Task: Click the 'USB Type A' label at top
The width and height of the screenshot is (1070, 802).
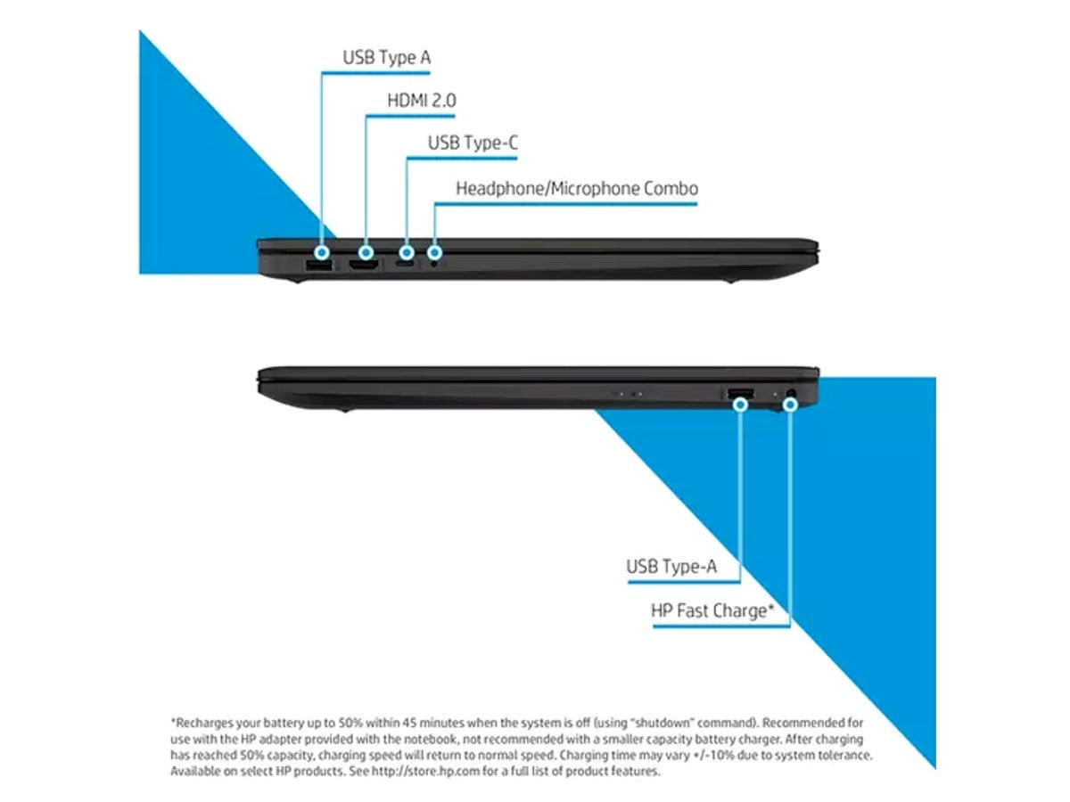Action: pos(387,57)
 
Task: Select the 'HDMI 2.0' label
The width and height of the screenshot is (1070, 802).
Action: pos(422,101)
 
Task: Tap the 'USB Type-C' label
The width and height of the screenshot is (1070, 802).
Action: pos(473,143)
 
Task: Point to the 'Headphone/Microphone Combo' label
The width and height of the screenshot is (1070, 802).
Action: pos(577,188)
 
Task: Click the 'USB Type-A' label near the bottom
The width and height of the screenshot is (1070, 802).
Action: pos(671,567)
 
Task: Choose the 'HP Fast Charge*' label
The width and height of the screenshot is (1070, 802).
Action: pos(712,610)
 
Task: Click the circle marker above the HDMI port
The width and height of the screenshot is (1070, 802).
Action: pos(366,252)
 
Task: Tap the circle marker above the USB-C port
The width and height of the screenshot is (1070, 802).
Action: pos(407,252)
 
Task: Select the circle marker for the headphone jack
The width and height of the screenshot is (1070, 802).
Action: pos(435,252)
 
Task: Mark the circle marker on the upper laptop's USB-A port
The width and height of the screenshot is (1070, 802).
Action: pos(321,252)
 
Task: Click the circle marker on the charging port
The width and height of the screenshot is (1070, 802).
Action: pos(790,405)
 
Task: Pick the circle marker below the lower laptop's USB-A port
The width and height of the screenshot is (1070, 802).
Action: pos(740,405)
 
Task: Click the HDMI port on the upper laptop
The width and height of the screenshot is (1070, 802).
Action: pos(364,266)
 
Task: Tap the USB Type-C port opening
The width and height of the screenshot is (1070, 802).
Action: pos(405,265)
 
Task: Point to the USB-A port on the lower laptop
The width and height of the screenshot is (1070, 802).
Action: pos(740,393)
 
